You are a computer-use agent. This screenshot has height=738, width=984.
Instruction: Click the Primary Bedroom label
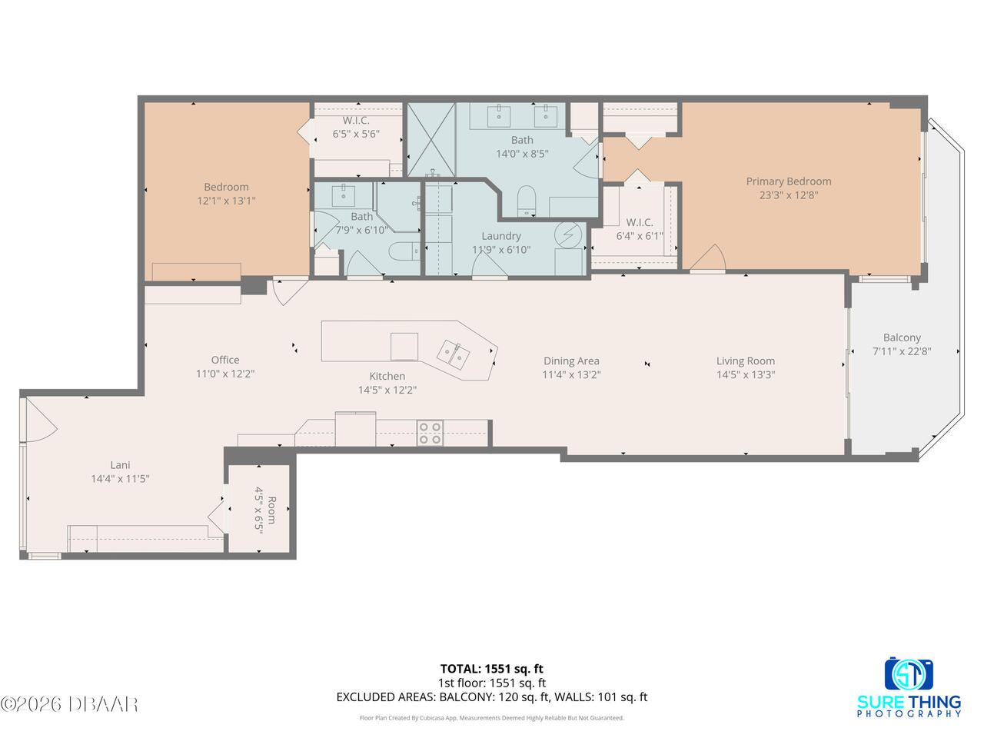(x=789, y=181)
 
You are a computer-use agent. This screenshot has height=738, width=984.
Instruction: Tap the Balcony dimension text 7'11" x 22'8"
(x=902, y=351)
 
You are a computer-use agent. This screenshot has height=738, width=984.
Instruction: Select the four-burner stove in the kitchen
(x=430, y=434)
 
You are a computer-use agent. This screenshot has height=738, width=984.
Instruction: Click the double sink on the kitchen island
(x=454, y=354)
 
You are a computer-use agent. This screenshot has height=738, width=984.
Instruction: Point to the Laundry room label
(x=501, y=236)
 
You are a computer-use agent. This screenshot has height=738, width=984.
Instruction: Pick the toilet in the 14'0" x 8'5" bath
(x=527, y=201)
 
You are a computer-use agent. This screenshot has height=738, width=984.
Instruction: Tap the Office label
(x=225, y=360)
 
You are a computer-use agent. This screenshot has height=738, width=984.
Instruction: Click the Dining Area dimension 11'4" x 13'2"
(x=571, y=374)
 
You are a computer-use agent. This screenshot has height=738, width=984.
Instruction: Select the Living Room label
(x=746, y=361)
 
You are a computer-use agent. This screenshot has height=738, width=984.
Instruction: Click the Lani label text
(x=120, y=465)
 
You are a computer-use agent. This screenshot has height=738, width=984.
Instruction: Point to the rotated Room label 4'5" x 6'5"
(x=264, y=510)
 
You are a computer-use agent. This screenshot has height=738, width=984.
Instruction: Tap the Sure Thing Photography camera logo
(x=909, y=673)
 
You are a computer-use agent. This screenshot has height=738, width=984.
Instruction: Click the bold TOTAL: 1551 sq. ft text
(x=492, y=669)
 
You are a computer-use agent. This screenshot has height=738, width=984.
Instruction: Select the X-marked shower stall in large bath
(x=431, y=140)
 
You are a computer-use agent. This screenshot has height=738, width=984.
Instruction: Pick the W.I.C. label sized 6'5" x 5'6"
(x=356, y=128)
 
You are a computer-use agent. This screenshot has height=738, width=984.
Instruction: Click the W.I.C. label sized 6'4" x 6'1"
(x=640, y=229)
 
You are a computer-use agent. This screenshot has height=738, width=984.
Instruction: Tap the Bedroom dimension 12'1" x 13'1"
(x=226, y=201)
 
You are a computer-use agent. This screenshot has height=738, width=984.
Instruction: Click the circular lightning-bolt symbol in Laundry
(x=568, y=234)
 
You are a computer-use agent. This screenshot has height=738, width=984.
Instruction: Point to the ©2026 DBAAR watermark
(x=69, y=704)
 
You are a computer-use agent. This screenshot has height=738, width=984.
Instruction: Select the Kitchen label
(x=387, y=377)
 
